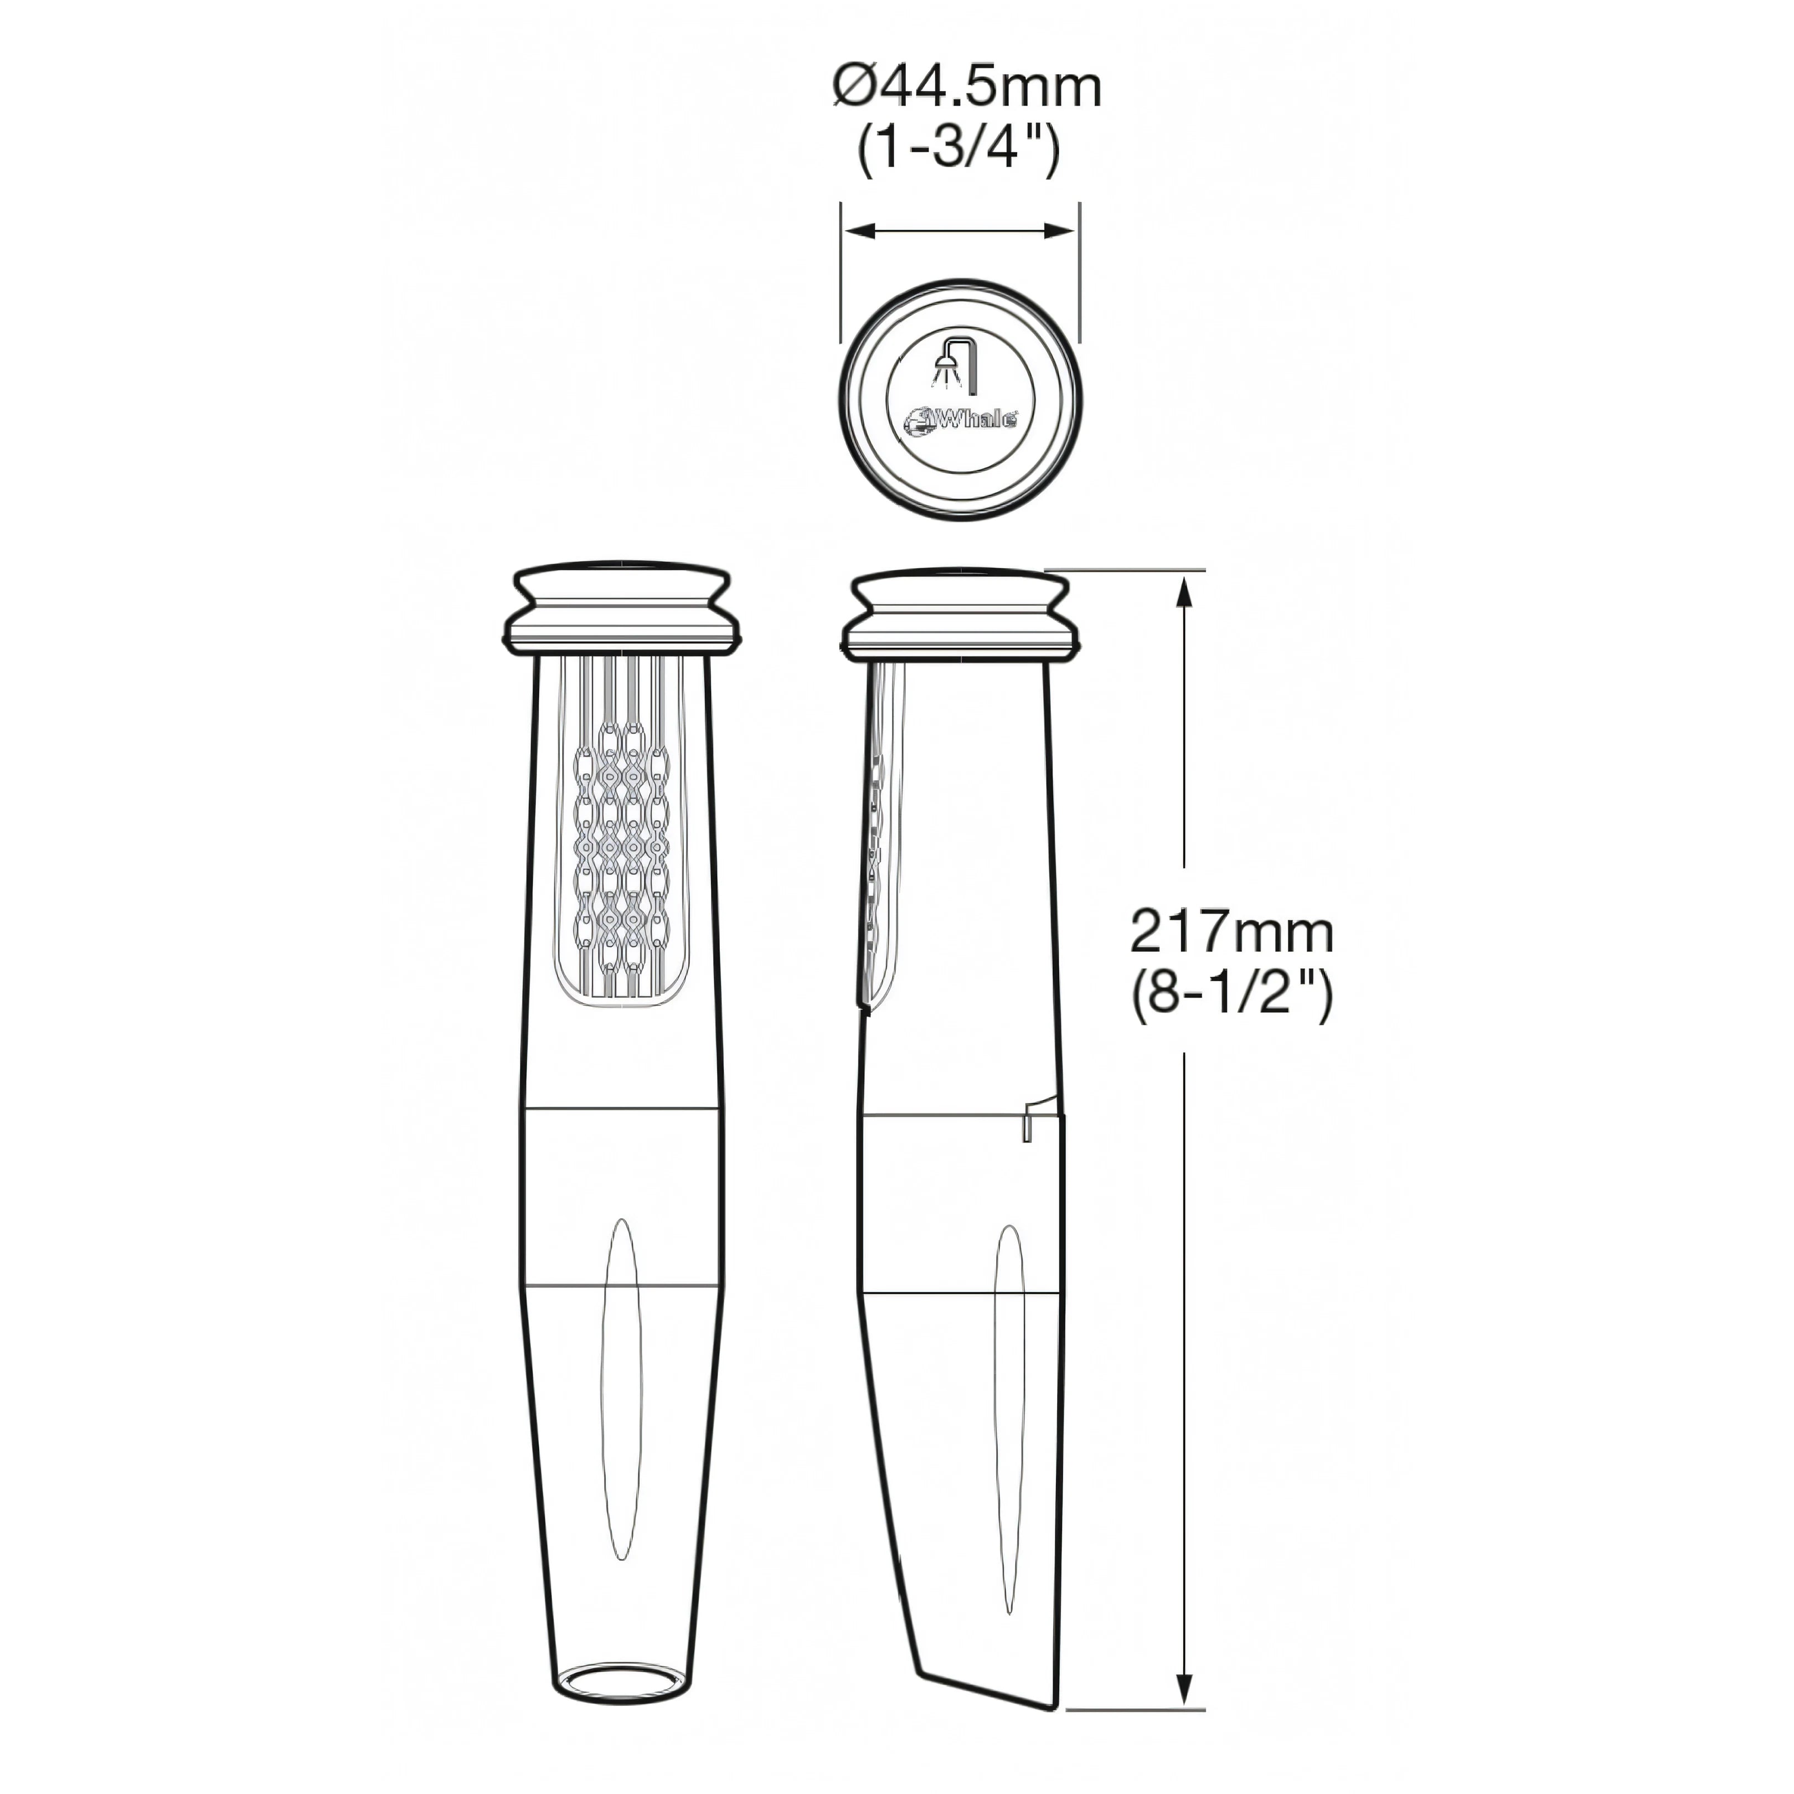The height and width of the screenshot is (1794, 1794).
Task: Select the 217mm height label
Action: (x=1232, y=932)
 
